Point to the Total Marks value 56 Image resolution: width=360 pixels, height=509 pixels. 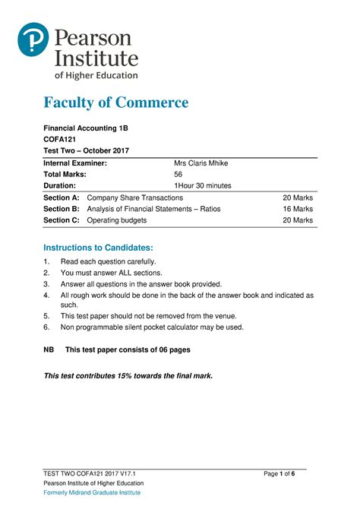pyautogui.click(x=179, y=174)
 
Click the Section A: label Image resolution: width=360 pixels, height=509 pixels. pyautogui.click(x=62, y=198)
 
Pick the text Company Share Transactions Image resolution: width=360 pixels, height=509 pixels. pyautogui.click(x=135, y=198)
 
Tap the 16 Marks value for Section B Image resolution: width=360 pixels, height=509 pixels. pyautogui.click(x=298, y=209)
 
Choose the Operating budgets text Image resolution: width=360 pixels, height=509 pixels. pyautogui.click(x=117, y=220)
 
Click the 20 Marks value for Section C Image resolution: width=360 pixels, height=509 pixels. pyautogui.click(x=298, y=220)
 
